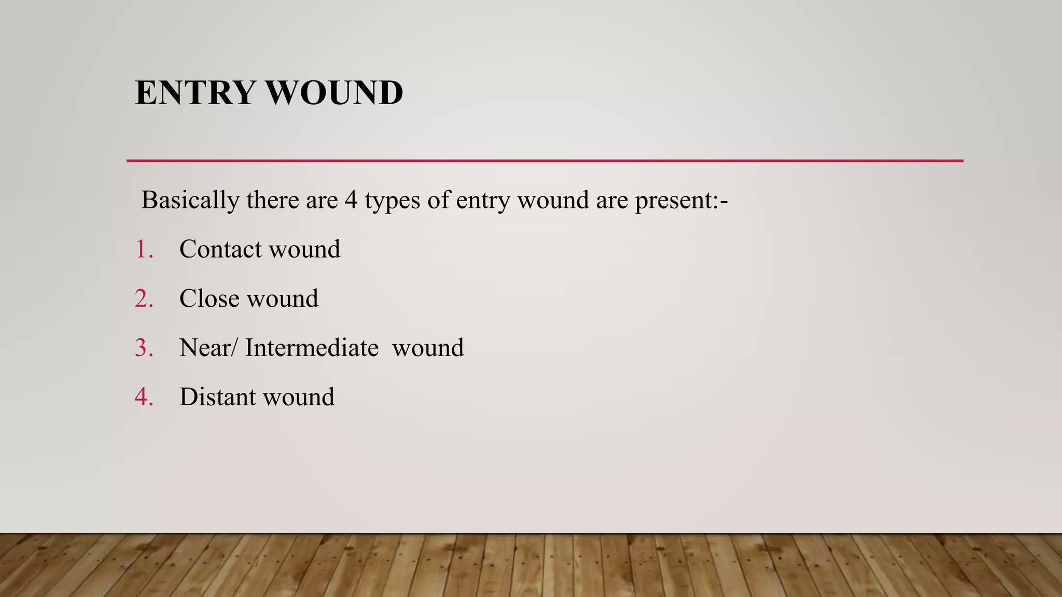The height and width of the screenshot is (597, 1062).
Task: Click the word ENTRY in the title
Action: (x=195, y=93)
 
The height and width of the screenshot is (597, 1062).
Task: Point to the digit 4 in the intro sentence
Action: (x=351, y=200)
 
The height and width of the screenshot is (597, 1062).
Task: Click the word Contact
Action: (x=220, y=249)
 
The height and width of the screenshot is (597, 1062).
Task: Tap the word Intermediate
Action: (x=312, y=348)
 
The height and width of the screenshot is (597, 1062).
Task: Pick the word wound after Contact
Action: (x=304, y=249)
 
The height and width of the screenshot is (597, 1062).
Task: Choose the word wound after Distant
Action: (x=299, y=397)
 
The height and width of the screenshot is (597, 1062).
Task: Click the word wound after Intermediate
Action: (x=428, y=348)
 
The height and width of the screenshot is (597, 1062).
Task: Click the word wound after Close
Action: (x=283, y=298)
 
